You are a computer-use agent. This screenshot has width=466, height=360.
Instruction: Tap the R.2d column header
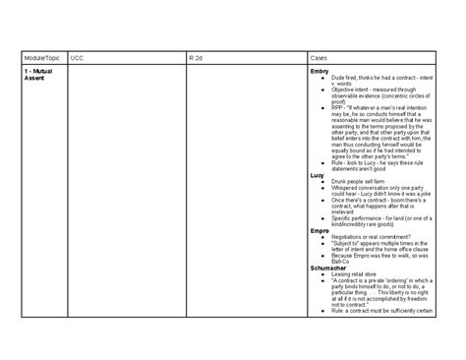point(196,59)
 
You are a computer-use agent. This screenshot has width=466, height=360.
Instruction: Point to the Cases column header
point(320,59)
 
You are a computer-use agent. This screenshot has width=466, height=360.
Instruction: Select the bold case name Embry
point(320,71)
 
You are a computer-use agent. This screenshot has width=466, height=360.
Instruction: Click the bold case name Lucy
point(318,174)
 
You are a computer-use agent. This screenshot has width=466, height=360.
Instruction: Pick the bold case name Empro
point(320,230)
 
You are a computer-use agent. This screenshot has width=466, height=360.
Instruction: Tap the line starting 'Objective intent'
point(375,90)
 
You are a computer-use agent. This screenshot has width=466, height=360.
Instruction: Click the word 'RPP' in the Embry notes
point(337,107)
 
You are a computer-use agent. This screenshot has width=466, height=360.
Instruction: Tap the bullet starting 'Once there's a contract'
point(375,200)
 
